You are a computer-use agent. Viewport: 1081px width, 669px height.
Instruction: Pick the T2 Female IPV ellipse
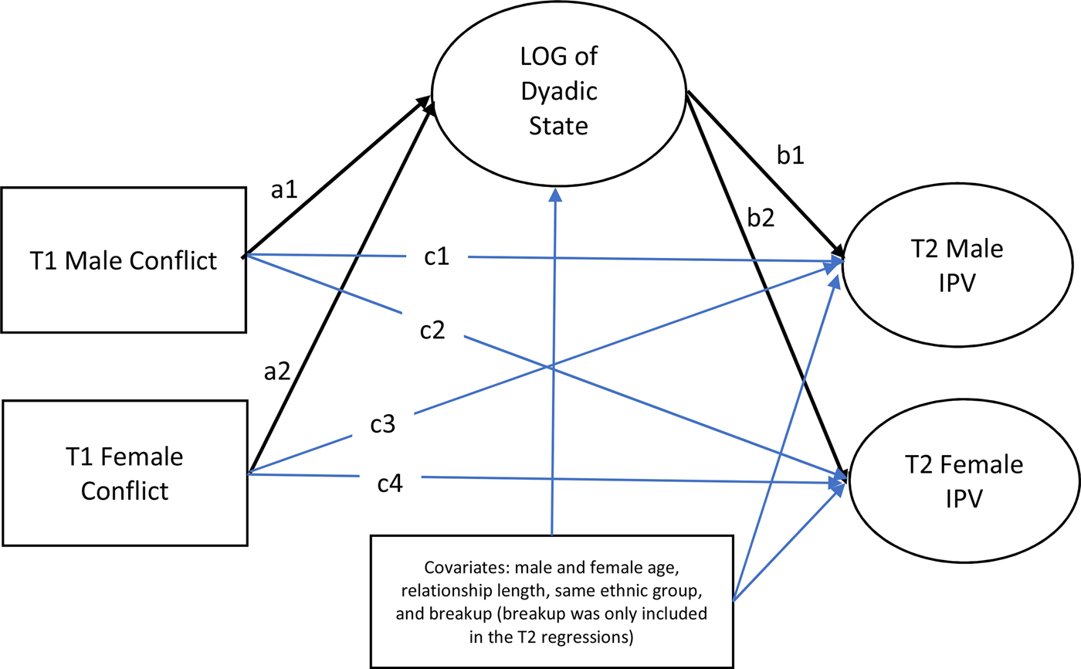[x=962, y=481]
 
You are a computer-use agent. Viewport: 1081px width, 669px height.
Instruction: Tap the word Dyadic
[x=561, y=91]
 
